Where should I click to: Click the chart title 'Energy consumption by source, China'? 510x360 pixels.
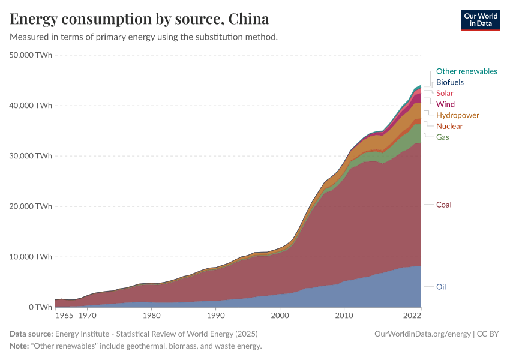(x=139, y=19)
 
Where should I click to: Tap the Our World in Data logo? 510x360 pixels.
(x=480, y=19)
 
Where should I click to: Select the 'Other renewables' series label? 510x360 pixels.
(x=466, y=71)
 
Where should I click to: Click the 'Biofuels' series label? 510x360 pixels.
(x=449, y=82)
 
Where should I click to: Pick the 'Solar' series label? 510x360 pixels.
(x=445, y=93)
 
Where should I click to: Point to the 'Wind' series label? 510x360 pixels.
(x=445, y=104)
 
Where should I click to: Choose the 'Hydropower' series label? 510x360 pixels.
(x=458, y=115)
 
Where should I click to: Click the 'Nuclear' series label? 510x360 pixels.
(x=449, y=126)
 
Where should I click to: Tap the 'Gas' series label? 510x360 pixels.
(x=442, y=137)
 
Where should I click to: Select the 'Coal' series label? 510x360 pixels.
(x=443, y=205)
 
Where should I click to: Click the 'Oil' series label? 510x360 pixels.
(x=441, y=287)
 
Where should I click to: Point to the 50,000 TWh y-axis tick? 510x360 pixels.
(x=31, y=55)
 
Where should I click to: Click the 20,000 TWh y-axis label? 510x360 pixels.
(x=31, y=206)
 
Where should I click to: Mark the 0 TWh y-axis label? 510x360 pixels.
(x=40, y=307)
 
